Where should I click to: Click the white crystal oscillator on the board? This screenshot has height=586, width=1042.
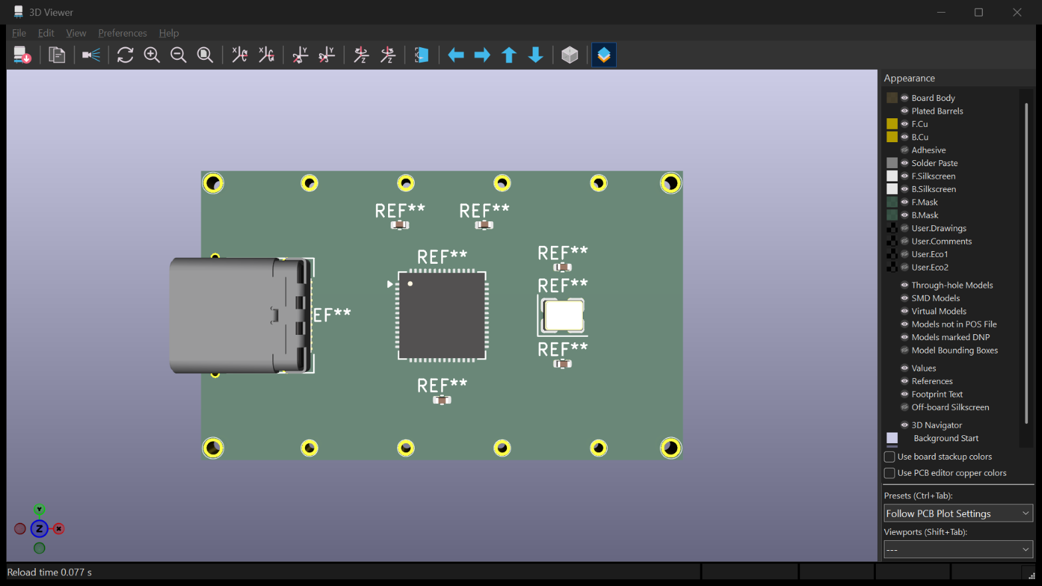(x=564, y=316)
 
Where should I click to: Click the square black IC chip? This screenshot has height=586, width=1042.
(x=442, y=316)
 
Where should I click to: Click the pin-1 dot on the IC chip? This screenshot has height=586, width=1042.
(x=410, y=284)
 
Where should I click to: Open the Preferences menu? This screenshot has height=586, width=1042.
(x=122, y=33)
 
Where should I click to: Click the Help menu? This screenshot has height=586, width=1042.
(x=169, y=33)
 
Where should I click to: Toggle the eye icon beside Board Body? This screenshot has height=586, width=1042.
(x=905, y=98)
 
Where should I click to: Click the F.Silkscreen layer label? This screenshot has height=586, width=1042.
(x=933, y=176)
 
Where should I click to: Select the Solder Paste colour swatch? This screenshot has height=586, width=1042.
(x=892, y=163)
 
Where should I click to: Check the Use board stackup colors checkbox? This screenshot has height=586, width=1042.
(x=889, y=456)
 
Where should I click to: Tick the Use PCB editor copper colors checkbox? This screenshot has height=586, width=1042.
(x=889, y=473)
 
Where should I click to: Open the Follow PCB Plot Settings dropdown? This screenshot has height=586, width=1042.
(x=958, y=514)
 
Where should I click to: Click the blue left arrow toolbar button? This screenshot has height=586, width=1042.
(x=455, y=55)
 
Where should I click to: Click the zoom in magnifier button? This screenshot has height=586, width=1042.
(x=152, y=55)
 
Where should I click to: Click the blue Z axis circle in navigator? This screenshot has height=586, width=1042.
(x=40, y=529)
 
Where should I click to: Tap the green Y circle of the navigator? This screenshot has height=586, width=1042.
(x=40, y=509)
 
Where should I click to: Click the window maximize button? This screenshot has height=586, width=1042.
(x=979, y=13)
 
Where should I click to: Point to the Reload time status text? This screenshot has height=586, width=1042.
(x=49, y=573)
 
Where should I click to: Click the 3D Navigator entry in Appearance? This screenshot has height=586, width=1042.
(x=936, y=425)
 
